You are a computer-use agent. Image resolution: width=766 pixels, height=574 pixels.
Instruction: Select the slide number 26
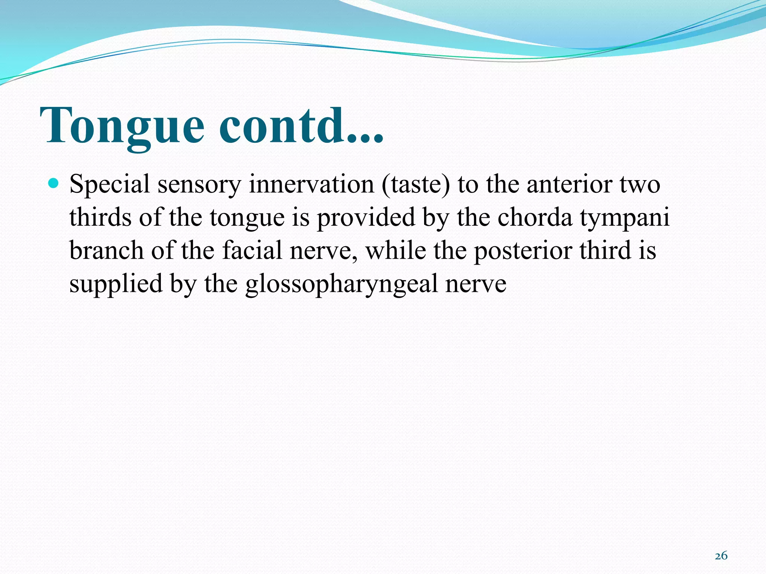(x=721, y=556)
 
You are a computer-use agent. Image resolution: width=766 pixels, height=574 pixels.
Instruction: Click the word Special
(x=109, y=184)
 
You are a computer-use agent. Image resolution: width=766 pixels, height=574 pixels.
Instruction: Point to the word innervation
(x=311, y=184)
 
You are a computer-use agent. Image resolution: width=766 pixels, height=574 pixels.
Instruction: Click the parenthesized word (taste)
(x=416, y=184)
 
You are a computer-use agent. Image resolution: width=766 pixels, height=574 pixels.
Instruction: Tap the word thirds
(x=100, y=217)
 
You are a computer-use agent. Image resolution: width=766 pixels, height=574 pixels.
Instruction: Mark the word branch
(x=106, y=250)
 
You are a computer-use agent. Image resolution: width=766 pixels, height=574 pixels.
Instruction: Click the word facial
(x=252, y=250)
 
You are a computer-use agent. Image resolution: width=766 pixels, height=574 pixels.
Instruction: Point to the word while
(x=395, y=250)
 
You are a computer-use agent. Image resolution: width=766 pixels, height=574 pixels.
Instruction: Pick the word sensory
(x=199, y=185)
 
